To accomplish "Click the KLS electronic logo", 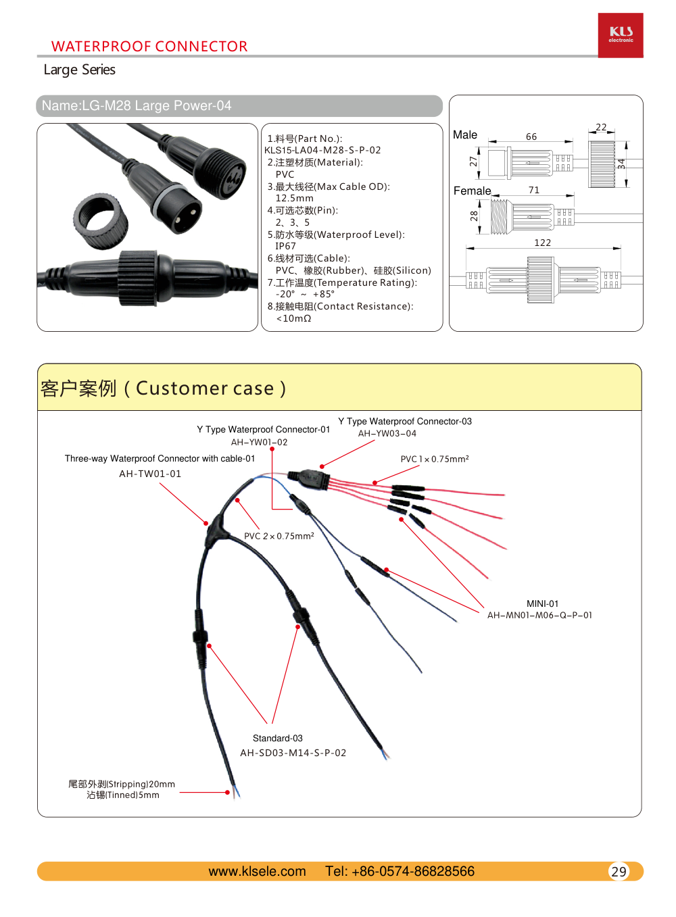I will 621,35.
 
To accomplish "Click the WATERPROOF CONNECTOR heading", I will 149,47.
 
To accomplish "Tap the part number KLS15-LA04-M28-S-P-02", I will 322,150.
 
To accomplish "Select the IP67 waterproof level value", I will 285,246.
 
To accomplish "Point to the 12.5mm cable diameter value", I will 294,198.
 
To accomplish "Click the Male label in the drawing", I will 465,135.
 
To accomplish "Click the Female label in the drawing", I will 472,191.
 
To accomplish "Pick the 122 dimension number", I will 542,243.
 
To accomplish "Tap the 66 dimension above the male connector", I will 531,137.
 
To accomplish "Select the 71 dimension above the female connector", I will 534,190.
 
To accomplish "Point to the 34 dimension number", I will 621,164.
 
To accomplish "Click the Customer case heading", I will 163,389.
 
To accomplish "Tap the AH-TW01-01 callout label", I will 150,474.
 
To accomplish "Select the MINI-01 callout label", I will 542,603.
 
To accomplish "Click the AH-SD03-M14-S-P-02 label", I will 293,753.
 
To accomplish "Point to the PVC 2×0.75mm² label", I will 279,536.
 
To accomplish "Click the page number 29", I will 619,872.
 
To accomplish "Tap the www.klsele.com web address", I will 257,872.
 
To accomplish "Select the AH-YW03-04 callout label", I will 387,434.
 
